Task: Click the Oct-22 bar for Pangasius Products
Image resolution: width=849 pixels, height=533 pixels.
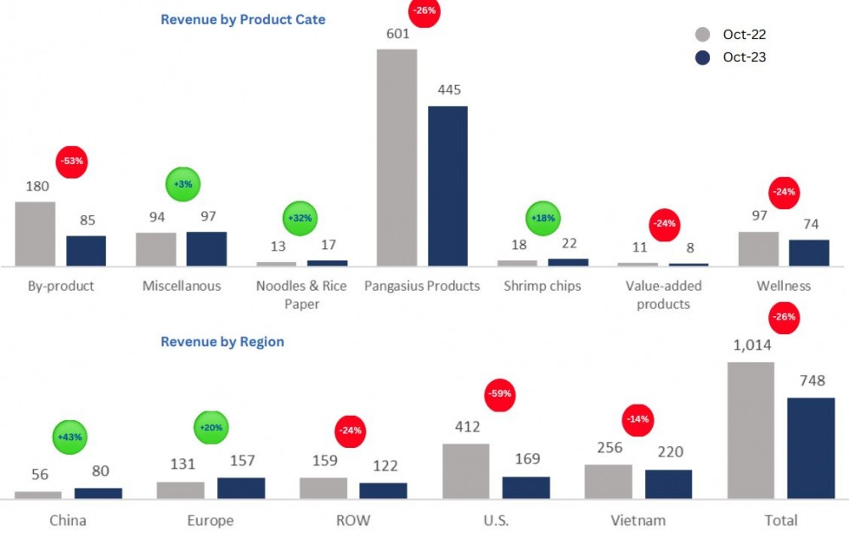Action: coord(396,158)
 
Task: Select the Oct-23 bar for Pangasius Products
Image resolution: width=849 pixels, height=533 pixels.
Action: coord(447,186)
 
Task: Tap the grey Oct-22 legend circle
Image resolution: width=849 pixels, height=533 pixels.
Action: coord(702,35)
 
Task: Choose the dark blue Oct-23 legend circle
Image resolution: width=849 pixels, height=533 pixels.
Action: coord(702,58)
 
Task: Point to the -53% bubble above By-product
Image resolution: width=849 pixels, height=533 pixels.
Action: coord(72,162)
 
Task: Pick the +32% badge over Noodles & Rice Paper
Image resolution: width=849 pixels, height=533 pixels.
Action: coord(299,218)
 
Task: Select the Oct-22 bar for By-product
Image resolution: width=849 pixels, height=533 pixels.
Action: coord(35,235)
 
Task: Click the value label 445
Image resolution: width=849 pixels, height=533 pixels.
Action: coord(448,89)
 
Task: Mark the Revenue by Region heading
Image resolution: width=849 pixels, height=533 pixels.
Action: coord(222,342)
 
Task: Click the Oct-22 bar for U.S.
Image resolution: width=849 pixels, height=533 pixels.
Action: coord(465,470)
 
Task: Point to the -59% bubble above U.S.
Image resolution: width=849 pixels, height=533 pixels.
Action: coord(500,394)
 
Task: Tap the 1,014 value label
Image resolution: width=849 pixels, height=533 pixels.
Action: coord(751,346)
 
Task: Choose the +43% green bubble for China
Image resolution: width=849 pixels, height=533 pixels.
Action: coord(70,436)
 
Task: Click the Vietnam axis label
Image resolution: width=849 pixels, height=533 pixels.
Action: coord(638,520)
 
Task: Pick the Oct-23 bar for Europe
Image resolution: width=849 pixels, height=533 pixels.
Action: coord(241,487)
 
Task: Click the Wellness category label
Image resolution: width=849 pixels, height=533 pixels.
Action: coord(784,286)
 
